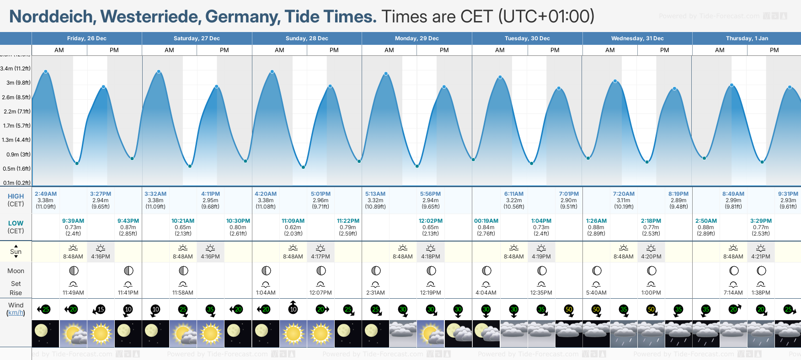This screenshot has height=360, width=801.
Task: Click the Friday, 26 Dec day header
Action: pyautogui.click(x=86, y=38)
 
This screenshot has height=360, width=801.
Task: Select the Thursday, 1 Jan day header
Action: pyautogui.click(x=747, y=38)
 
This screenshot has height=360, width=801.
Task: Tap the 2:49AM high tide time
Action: pyautogui.click(x=46, y=194)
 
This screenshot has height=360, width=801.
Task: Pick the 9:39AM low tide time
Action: pyautogui.click(x=73, y=221)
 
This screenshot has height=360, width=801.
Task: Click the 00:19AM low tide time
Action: pyautogui.click(x=486, y=221)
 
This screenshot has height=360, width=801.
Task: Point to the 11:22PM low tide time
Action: pyautogui.click(x=348, y=221)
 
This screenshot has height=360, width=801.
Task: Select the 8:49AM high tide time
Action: pyautogui.click(x=733, y=194)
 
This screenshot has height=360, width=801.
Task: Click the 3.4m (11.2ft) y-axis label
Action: pyautogui.click(x=16, y=69)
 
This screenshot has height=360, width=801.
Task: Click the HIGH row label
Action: pyautogui.click(x=16, y=196)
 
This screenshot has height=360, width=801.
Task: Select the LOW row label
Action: pyautogui.click(x=16, y=223)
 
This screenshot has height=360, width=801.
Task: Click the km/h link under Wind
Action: pyautogui.click(x=16, y=313)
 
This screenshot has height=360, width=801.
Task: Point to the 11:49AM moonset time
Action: pyautogui.click(x=73, y=293)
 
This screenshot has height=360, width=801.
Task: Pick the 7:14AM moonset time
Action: pyautogui.click(x=733, y=293)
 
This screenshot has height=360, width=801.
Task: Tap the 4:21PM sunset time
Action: pyautogui.click(x=761, y=257)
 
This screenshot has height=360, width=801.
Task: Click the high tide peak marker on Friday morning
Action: pyautogui.click(x=46, y=72)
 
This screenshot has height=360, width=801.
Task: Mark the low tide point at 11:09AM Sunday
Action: pyautogui.click(x=303, y=167)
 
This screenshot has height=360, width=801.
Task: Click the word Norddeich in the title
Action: pyautogui.click(x=51, y=17)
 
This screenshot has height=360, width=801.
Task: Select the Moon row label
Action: pyautogui.click(x=16, y=271)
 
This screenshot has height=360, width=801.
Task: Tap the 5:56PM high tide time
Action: pyautogui.click(x=430, y=194)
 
